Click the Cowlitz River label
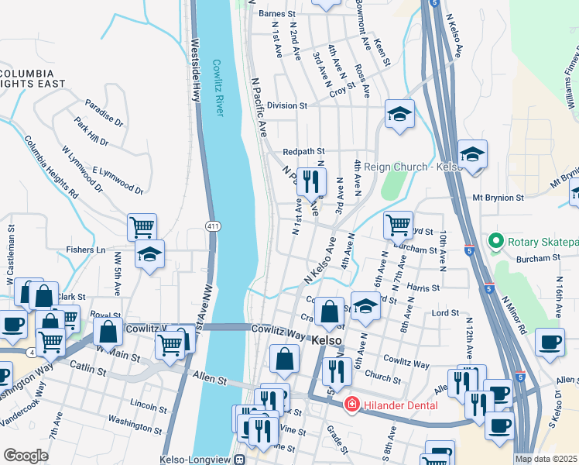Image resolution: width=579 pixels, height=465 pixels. (218, 88)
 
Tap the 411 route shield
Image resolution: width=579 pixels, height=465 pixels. (212, 226)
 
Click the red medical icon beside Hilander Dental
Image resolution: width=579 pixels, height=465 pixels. (351, 405)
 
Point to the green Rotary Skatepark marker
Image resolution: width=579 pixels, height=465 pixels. (496, 242)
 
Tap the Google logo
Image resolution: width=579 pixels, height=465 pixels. (26, 456)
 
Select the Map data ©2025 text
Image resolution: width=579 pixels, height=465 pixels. (546, 459)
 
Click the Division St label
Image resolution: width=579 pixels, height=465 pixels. (287, 105)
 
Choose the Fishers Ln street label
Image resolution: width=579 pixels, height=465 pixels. (85, 250)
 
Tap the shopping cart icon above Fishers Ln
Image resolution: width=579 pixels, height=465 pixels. (142, 227)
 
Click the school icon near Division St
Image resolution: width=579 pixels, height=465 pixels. (399, 115)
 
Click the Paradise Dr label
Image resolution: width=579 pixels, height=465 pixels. (104, 113)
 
